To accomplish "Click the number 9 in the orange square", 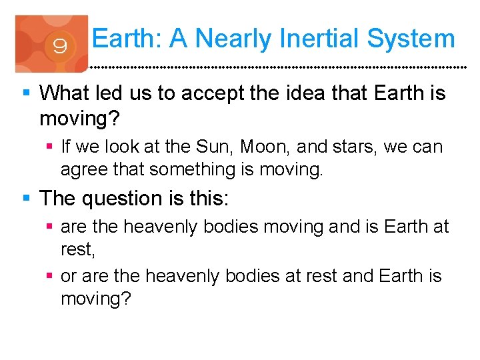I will (59, 46).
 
